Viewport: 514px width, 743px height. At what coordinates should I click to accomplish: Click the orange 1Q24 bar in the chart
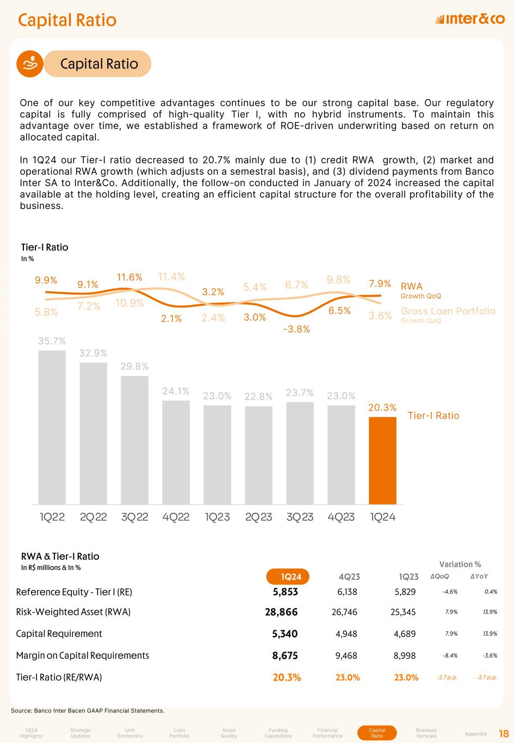pos(382,460)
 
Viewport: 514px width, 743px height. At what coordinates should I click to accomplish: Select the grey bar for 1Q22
pos(52,427)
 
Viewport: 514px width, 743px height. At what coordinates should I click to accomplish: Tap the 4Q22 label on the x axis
pos(176,517)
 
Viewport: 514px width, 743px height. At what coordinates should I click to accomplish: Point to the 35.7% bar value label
pos(52,341)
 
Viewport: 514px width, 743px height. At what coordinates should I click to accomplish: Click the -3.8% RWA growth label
pos(296,329)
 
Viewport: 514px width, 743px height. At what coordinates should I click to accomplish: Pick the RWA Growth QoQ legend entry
pos(420,290)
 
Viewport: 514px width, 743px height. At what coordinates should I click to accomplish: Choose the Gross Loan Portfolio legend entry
pos(448,314)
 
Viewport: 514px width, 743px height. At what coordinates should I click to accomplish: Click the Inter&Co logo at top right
pos(470,20)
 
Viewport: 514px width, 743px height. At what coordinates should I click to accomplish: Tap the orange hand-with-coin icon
pos(32,64)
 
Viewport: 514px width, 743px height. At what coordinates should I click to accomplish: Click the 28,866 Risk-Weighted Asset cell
pos(281,612)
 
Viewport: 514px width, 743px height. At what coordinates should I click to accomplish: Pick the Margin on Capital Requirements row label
pos(83,655)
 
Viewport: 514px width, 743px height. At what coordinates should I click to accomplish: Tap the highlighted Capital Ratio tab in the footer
pos(377,733)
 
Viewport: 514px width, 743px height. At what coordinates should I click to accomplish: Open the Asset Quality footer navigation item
pos(229,733)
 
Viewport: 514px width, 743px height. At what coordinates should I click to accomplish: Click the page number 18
pos(504,733)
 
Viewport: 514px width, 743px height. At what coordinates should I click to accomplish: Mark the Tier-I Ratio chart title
pos(45,247)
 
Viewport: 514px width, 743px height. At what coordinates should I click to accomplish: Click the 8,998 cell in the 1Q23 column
pos(405,655)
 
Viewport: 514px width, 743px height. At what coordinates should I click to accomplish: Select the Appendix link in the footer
pos(476,734)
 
